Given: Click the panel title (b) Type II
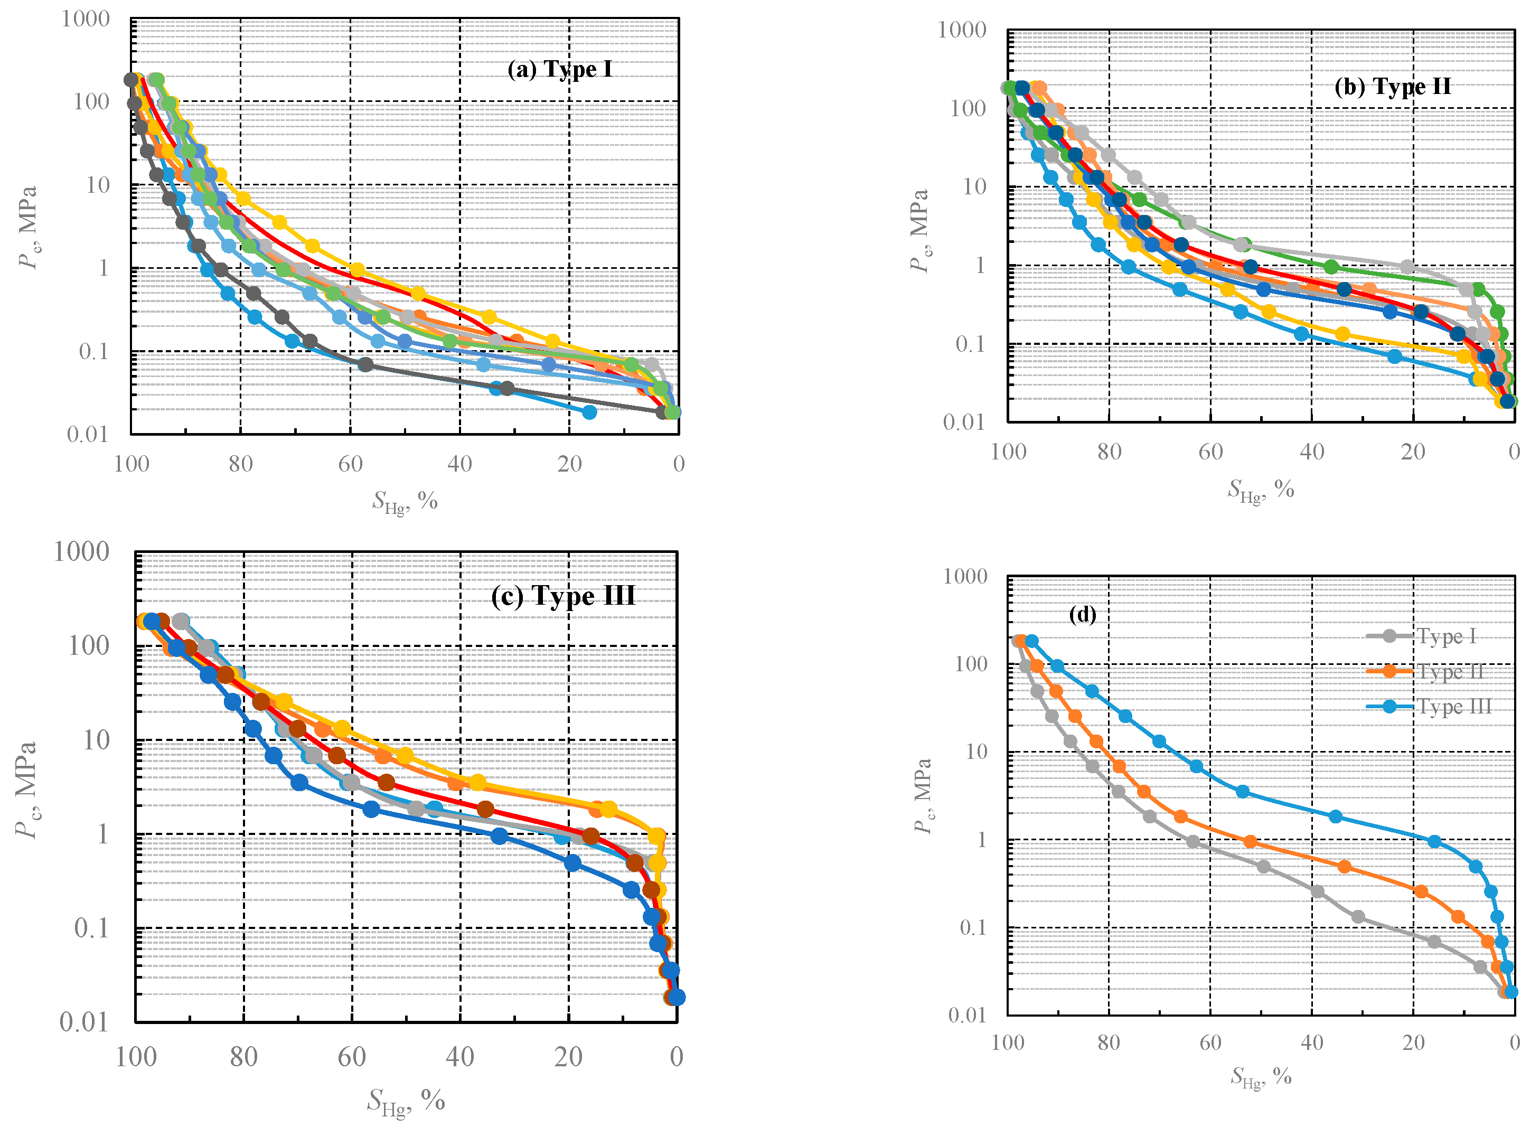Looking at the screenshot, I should [1392, 87].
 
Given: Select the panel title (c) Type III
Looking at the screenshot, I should [562, 596].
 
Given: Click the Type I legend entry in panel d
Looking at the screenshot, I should [1446, 636].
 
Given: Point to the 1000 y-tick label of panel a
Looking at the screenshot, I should [85, 19].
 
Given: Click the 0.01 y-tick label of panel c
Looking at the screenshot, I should [84, 1022].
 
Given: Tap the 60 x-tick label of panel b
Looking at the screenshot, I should [1210, 452].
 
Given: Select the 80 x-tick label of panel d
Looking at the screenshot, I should [1109, 1043].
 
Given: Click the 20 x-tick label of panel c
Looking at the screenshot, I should [568, 1057].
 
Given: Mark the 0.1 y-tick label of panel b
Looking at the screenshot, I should [970, 344].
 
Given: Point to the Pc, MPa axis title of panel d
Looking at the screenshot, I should [923, 796].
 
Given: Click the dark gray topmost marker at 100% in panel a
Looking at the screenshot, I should [131, 80].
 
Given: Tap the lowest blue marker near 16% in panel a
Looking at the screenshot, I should [589, 412].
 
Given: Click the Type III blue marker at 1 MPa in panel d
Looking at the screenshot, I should [1434, 842].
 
